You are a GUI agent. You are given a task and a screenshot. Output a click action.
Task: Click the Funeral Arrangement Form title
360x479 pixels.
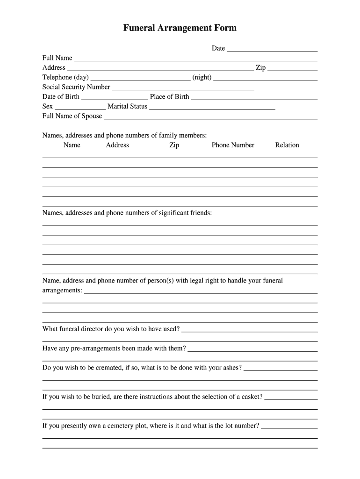click(x=180, y=28)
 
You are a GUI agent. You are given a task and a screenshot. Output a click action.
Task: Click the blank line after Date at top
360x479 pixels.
click(x=272, y=49)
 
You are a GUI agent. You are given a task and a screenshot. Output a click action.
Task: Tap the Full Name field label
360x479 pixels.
click(x=58, y=58)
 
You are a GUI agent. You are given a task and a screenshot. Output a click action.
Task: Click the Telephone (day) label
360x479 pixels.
click(x=65, y=77)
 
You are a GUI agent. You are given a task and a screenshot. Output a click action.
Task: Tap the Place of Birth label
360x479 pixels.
click(x=170, y=97)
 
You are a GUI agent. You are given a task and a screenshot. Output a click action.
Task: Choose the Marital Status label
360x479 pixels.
click(x=128, y=106)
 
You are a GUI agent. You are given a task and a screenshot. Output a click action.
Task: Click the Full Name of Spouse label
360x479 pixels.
click(x=72, y=116)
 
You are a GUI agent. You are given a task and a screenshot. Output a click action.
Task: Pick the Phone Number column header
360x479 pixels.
click(x=233, y=145)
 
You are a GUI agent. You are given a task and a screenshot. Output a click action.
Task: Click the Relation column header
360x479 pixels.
click(x=287, y=145)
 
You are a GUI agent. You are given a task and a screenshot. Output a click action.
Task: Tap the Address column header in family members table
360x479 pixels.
click(x=117, y=145)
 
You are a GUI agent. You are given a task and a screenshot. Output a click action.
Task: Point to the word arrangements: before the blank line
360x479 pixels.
click(x=62, y=290)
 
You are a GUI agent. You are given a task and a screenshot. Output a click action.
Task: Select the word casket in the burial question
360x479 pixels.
click(x=252, y=397)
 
